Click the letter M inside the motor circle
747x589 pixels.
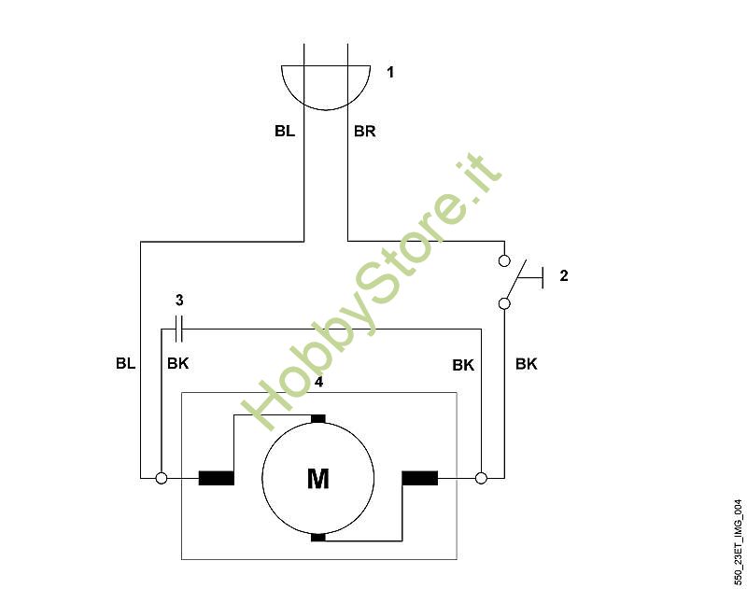[x=317, y=479]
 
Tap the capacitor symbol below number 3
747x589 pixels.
[x=179, y=329]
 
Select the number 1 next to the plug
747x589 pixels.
[x=390, y=73]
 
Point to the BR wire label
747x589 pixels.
[x=364, y=131]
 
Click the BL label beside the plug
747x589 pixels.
[x=285, y=131]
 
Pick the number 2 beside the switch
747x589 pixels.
[x=564, y=275]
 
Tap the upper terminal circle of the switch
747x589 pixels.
[x=504, y=260]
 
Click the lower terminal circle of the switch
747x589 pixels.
[x=504, y=303]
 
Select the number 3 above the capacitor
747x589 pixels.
[x=179, y=300]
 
